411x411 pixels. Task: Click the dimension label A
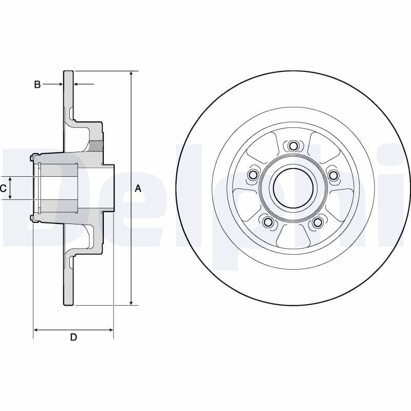(138, 189)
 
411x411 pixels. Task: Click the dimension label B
(37, 84)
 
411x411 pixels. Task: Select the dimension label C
(4, 189)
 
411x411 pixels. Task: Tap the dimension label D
(73, 337)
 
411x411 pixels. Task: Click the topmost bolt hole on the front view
(293, 146)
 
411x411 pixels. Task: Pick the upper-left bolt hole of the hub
(253, 176)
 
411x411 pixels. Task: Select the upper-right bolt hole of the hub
(333, 176)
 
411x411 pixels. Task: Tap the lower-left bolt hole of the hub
(268, 222)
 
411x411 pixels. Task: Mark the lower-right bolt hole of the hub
(317, 222)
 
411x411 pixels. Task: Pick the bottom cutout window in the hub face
(293, 236)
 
